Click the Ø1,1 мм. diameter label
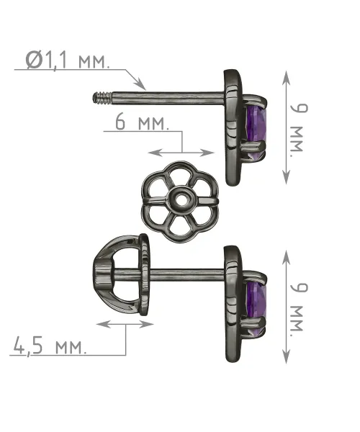click(x=68, y=60)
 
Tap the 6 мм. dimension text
click(x=142, y=122)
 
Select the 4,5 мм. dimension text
click(x=49, y=346)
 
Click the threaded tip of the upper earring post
click(x=102, y=99)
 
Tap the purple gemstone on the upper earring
click(x=257, y=127)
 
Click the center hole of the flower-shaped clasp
click(x=181, y=199)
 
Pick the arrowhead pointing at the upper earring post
click(x=141, y=84)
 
